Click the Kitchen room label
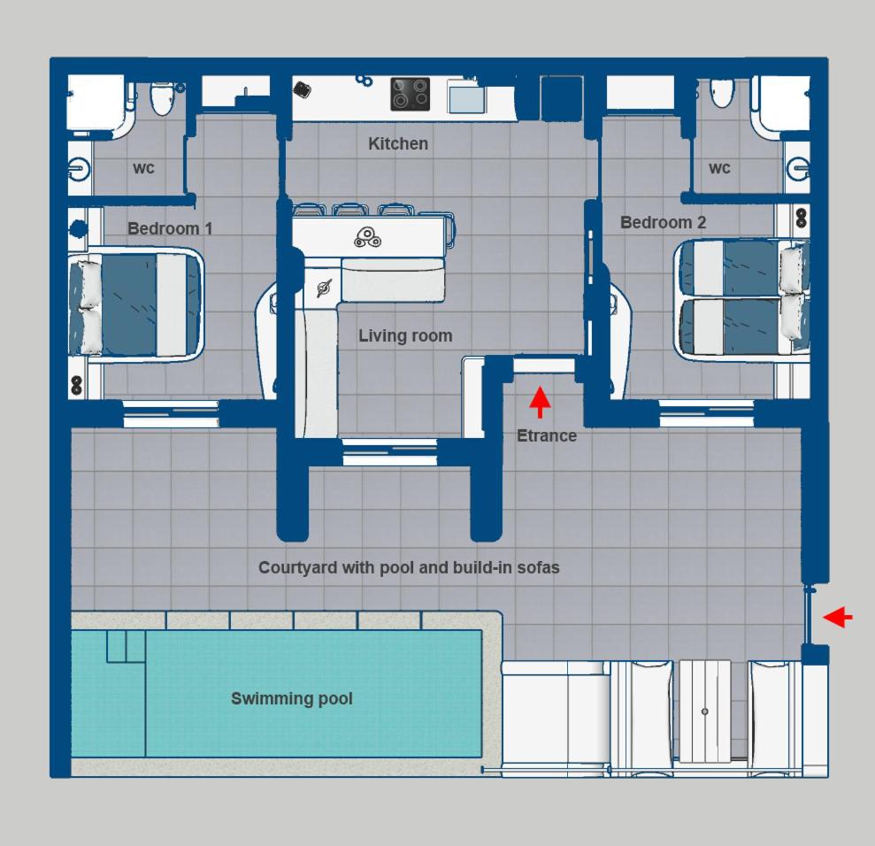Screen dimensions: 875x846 pyautogui.click(x=398, y=144)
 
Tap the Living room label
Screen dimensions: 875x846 pyautogui.click(x=405, y=336)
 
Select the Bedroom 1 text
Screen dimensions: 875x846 pyautogui.click(x=170, y=229)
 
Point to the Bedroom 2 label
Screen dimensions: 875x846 pyautogui.click(x=663, y=223)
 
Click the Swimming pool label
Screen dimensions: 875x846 pyautogui.click(x=292, y=699)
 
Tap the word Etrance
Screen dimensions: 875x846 pyautogui.click(x=546, y=436)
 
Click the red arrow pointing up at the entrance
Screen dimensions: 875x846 pyautogui.click(x=539, y=403)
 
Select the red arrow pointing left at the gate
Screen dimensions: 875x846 pyautogui.click(x=838, y=617)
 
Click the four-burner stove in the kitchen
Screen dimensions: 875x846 pyautogui.click(x=411, y=94)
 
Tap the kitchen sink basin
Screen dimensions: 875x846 pyautogui.click(x=466, y=98)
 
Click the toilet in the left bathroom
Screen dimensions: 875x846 pyautogui.click(x=161, y=98)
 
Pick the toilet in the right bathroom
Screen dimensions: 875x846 pyautogui.click(x=722, y=93)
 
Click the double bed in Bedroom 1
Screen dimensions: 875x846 pyautogui.click(x=135, y=304)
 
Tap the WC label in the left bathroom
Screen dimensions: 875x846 pyautogui.click(x=143, y=168)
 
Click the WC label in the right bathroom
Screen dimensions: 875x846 pyautogui.click(x=719, y=168)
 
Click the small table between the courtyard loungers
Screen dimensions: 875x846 pyautogui.click(x=705, y=711)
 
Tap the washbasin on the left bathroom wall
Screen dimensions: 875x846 pyautogui.click(x=79, y=168)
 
